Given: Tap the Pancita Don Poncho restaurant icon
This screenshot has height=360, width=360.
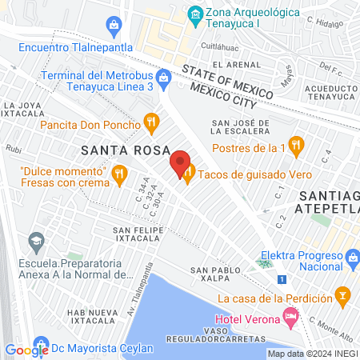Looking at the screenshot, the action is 149,122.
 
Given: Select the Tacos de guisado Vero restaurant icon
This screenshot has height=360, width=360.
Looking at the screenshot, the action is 188,173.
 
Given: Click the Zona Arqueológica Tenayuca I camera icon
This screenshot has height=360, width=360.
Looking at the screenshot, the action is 194,14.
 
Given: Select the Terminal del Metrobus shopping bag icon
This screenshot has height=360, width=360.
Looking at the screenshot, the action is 164,78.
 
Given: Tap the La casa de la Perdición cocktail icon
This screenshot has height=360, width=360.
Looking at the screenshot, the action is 343,297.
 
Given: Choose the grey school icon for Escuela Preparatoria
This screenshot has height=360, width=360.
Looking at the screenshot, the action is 35,240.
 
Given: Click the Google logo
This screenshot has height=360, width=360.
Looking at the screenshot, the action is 26,349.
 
